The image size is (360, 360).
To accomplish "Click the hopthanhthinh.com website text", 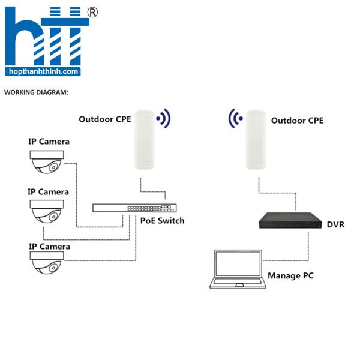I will [43, 71].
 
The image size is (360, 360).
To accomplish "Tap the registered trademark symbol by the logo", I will [93, 12].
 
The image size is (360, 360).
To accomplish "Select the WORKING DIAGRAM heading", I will [36, 92].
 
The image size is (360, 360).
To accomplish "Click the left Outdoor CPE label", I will [105, 119].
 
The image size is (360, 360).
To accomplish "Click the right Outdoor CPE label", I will [297, 121].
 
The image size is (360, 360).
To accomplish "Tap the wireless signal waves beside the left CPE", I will [164, 118].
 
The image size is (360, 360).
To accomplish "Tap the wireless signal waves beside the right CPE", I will [235, 118].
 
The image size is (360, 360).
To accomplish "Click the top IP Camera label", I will [49, 142].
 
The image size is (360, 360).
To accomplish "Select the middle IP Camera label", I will [49, 192].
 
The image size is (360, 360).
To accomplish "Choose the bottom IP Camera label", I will [49, 247].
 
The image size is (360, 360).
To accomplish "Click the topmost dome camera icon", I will [47, 162].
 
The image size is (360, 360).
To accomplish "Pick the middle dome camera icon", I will [47, 211].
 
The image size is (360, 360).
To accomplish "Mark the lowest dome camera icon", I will [47, 263].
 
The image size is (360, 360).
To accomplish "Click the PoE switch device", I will [135, 208].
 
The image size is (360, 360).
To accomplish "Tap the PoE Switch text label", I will [163, 221].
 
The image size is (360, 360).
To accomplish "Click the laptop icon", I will [238, 269].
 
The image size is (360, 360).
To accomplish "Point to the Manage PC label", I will [290, 276].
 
